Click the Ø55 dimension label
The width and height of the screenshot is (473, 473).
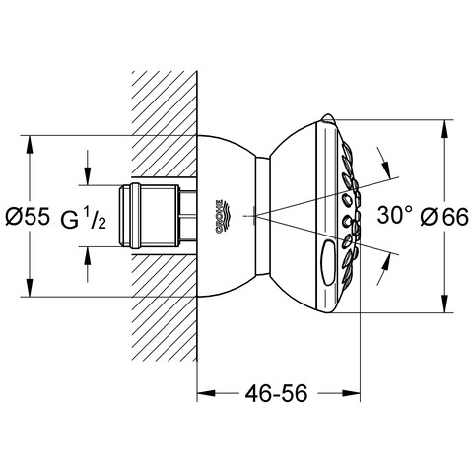[x=28, y=216]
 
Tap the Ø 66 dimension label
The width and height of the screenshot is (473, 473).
[x=444, y=217]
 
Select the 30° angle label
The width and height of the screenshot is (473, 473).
[x=394, y=215]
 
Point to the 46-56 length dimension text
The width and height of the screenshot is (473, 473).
[x=276, y=393]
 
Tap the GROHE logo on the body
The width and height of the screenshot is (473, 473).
[x=222, y=216]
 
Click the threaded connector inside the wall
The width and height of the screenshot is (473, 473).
[x=157, y=216]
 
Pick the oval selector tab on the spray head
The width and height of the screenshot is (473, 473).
[x=329, y=262]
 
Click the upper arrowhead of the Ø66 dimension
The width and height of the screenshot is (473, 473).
[x=444, y=129]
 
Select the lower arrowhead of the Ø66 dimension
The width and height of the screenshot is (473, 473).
[x=444, y=304]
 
